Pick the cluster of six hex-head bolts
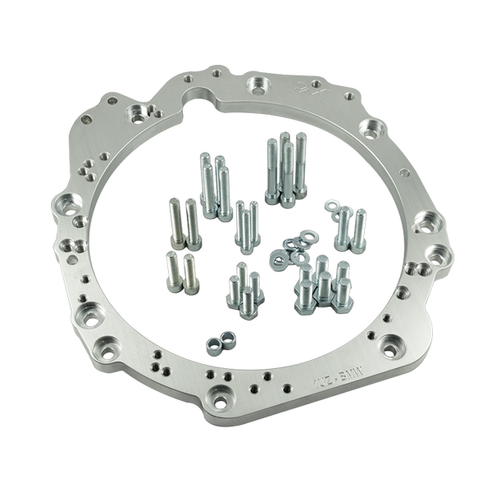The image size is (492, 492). tap(324, 285)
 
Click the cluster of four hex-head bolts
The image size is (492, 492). tap(244, 287)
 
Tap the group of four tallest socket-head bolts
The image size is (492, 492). tap(286, 168)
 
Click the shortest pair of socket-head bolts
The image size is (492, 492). tap(182, 271)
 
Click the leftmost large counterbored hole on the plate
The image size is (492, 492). tap(64, 203)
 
